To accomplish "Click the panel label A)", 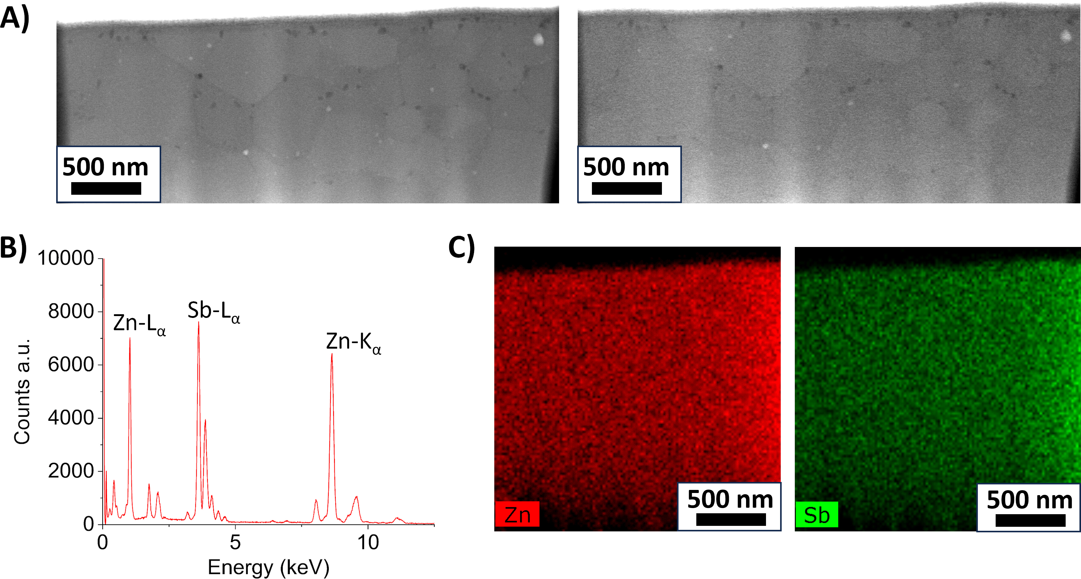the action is pos(15,18).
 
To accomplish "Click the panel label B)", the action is pos(14,248).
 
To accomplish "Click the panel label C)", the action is pos(462,248).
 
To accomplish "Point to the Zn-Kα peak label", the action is pos(354,342).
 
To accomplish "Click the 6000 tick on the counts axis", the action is pos(71,364).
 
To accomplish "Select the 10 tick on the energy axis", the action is pos(368,542).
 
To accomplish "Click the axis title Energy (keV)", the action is pos(269,567).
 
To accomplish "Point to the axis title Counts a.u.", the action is pos(22,391).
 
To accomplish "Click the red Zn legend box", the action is pos(517,514).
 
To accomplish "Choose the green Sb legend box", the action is pos(817,514).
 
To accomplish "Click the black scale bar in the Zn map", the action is pos(731,520).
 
